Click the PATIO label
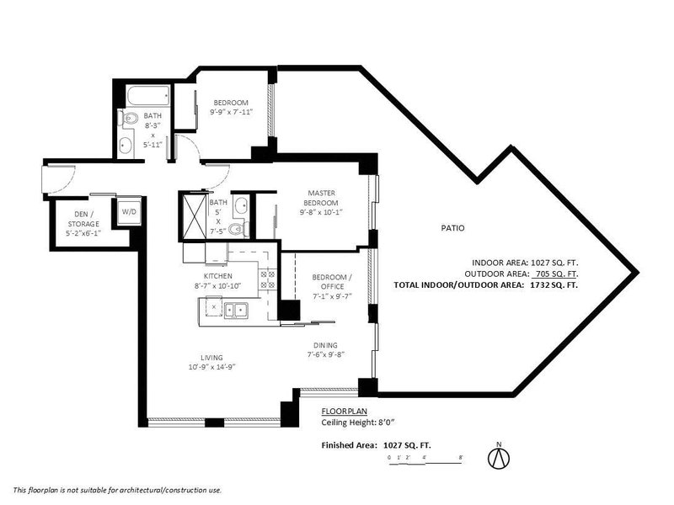click(452, 228)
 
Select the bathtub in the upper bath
click(148, 96)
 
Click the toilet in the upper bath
click(129, 118)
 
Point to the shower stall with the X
click(195, 217)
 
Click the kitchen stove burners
click(267, 279)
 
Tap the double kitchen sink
click(236, 310)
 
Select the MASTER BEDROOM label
click(321, 198)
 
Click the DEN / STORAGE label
click(83, 219)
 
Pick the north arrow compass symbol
click(499, 456)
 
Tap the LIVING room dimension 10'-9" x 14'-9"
click(212, 367)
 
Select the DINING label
click(325, 345)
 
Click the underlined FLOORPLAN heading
click(345, 412)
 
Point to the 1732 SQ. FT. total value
click(554, 284)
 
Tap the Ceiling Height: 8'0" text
click(358, 423)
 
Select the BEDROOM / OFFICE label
click(332, 282)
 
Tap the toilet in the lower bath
click(238, 229)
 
